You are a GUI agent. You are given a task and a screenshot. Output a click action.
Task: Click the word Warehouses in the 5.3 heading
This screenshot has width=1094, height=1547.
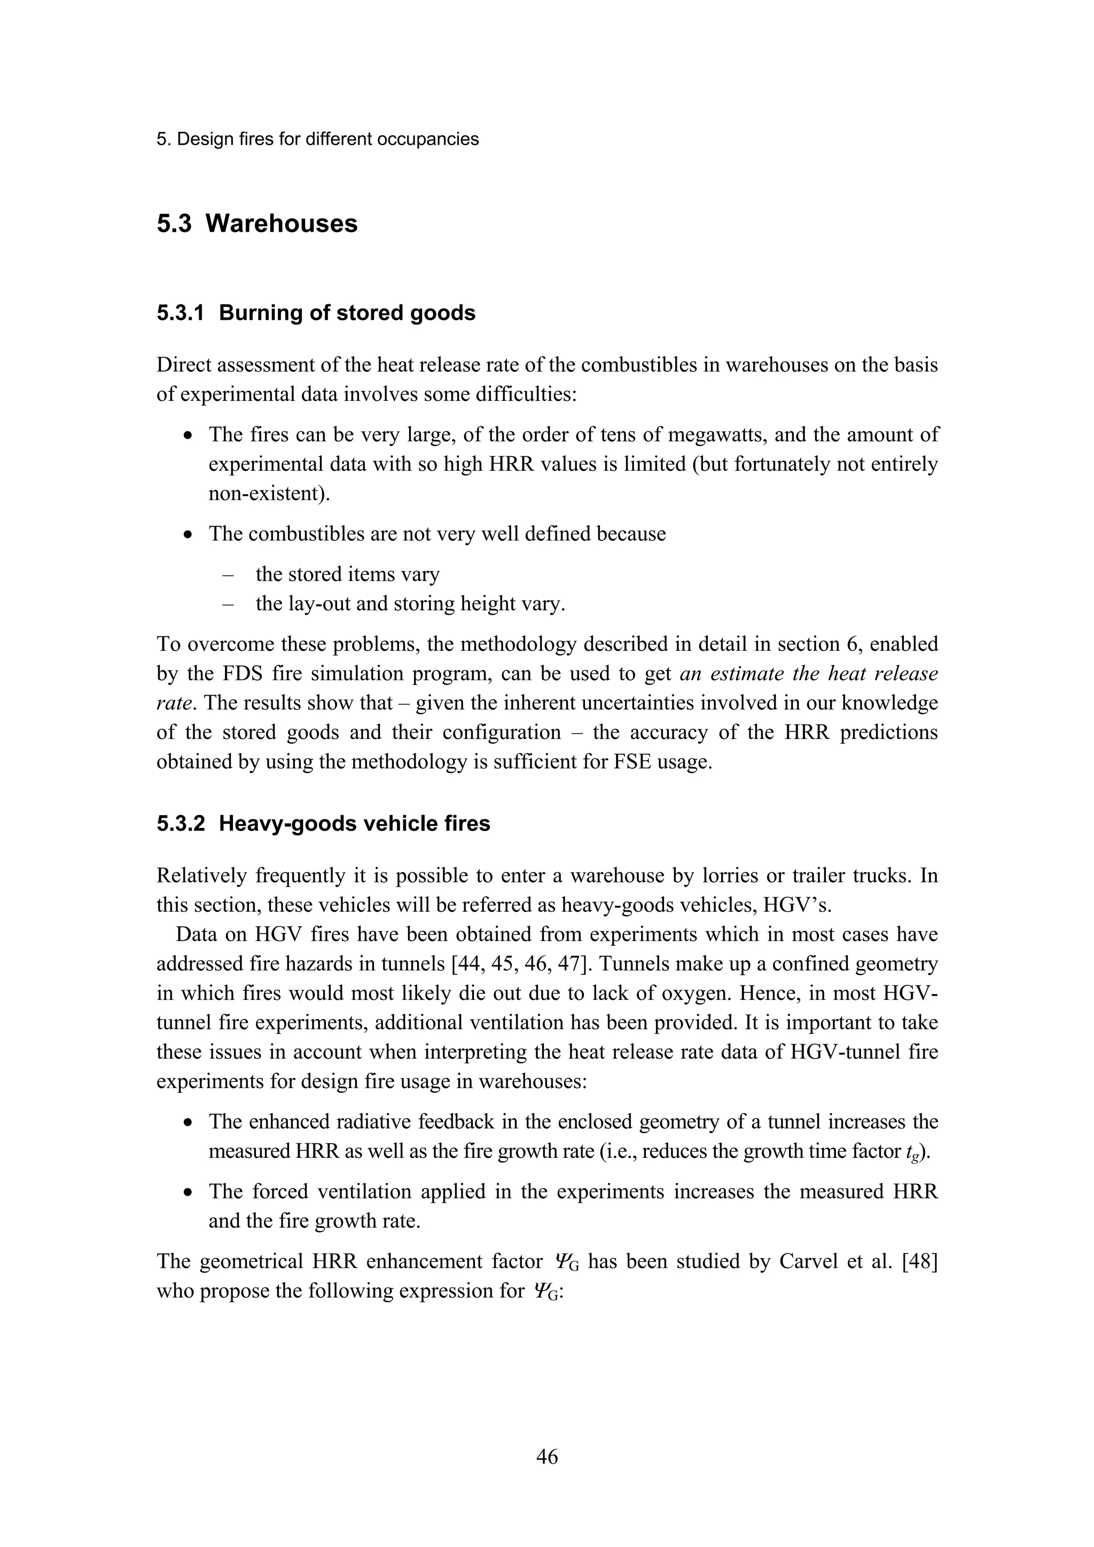pos(281,224)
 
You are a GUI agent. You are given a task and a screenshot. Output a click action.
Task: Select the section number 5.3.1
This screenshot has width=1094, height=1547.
pos(181,313)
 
